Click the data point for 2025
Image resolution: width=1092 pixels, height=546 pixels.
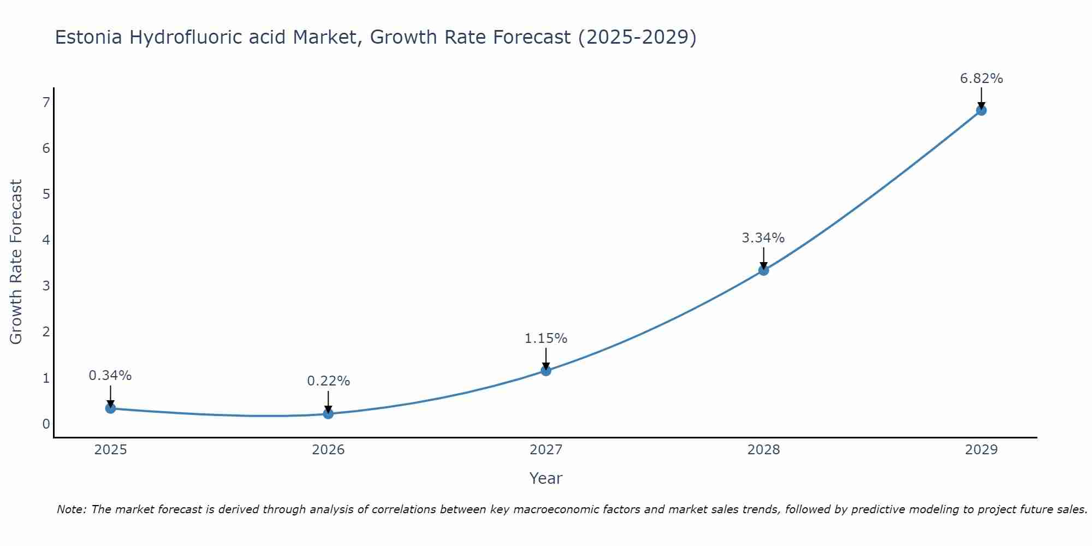coord(110,408)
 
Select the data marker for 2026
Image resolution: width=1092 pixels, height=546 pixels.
coord(328,414)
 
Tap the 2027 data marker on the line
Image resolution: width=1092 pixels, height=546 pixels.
coord(546,371)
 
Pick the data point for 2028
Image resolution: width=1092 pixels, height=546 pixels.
coord(763,270)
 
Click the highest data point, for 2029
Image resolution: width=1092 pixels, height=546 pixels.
coord(981,110)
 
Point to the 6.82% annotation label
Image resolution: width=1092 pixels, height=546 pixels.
coord(981,79)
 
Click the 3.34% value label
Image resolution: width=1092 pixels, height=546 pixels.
coord(763,238)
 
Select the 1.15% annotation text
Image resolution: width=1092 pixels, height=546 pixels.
coord(546,339)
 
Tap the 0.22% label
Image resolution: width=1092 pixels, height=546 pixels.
coord(328,381)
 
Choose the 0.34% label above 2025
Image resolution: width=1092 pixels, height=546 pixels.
coord(110,376)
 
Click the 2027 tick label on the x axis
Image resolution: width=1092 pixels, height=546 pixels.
coord(546,450)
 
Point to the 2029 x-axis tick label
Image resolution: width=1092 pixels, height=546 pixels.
coord(981,450)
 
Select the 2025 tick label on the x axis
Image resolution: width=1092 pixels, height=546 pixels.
coord(110,450)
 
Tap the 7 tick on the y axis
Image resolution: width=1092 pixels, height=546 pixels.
coord(46,102)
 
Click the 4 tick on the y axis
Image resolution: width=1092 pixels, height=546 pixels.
coord(46,240)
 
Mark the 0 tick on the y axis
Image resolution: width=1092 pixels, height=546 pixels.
coord(46,424)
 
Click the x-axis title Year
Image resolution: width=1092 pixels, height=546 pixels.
coord(546,478)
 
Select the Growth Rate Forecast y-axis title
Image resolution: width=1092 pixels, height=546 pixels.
coord(16,262)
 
